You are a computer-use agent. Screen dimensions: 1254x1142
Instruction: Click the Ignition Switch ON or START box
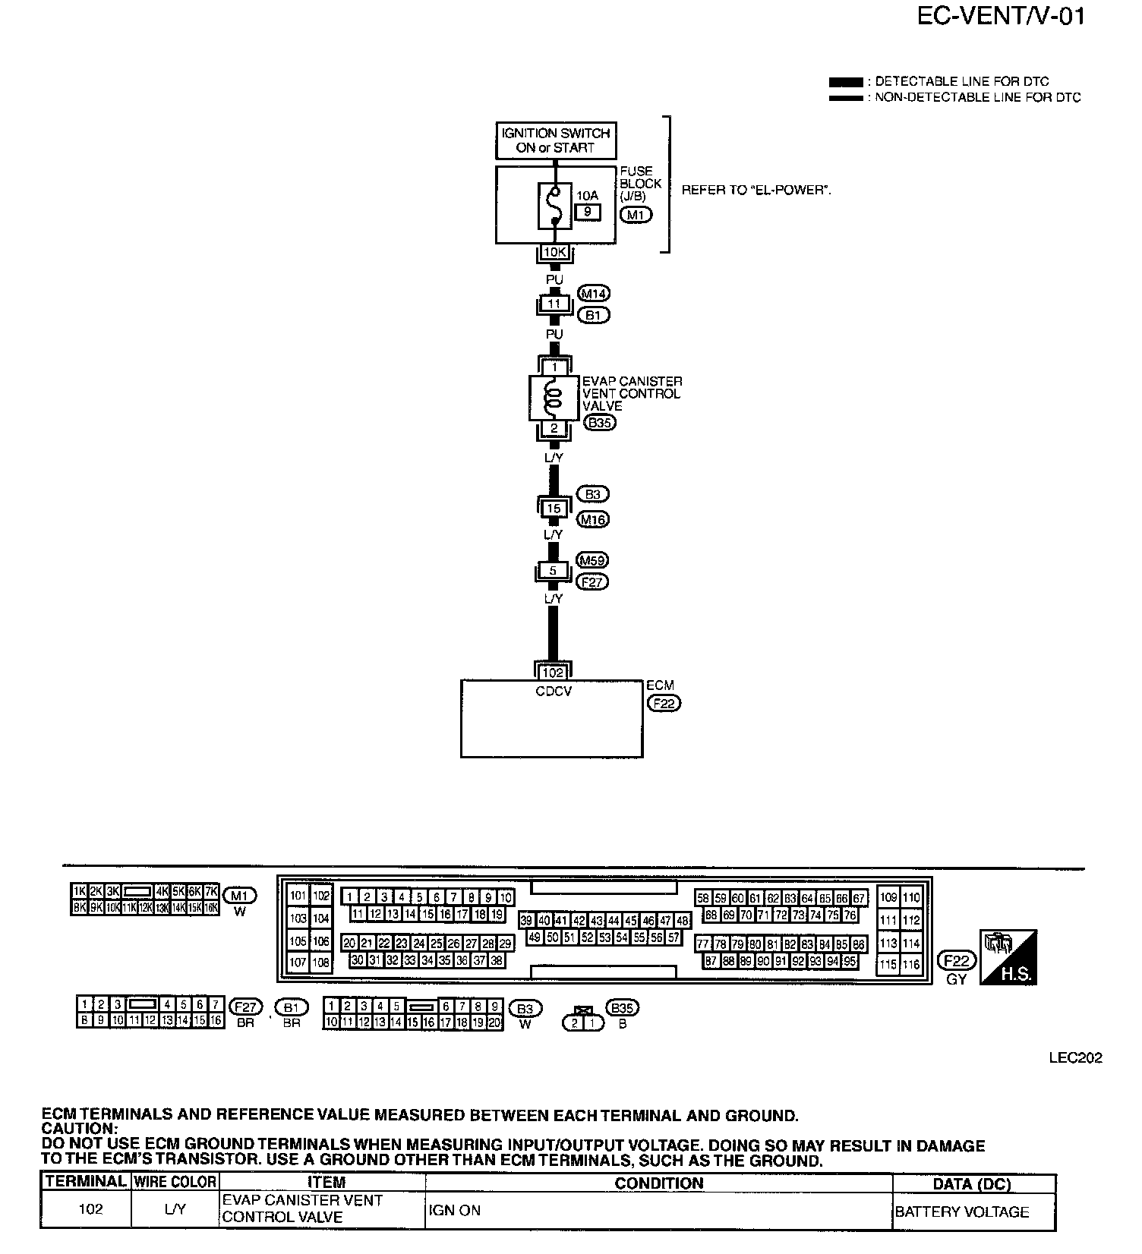point(555,140)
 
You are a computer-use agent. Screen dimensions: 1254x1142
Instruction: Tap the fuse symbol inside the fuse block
point(555,205)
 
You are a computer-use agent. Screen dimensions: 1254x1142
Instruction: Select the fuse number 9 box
point(588,212)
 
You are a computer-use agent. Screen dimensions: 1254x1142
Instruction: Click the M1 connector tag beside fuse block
point(635,215)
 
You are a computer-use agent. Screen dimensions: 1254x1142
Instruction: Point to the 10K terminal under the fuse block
point(554,252)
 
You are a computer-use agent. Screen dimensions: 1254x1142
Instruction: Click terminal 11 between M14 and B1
point(554,304)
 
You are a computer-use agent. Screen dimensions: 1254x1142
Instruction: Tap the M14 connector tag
point(594,293)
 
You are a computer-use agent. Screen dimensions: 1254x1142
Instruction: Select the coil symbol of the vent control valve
point(554,399)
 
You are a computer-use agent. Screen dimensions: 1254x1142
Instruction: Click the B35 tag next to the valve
point(600,423)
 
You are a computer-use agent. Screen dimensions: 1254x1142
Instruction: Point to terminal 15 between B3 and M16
point(554,508)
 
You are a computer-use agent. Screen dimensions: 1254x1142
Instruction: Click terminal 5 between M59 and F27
point(554,571)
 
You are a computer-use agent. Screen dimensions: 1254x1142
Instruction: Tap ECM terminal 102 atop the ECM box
point(553,672)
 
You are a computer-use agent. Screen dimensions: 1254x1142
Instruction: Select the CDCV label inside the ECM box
point(553,692)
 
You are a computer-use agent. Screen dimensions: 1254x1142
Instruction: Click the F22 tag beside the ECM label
point(664,703)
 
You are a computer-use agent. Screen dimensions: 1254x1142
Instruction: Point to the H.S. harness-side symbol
point(1009,958)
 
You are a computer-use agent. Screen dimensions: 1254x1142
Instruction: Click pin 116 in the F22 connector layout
point(911,965)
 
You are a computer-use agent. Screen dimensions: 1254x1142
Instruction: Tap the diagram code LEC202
point(1076,1057)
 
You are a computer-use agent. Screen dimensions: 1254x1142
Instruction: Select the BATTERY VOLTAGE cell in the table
point(962,1211)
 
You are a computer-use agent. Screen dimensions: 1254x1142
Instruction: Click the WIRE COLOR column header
point(175,1182)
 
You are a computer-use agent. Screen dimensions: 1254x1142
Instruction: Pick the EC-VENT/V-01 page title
point(1001,16)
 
